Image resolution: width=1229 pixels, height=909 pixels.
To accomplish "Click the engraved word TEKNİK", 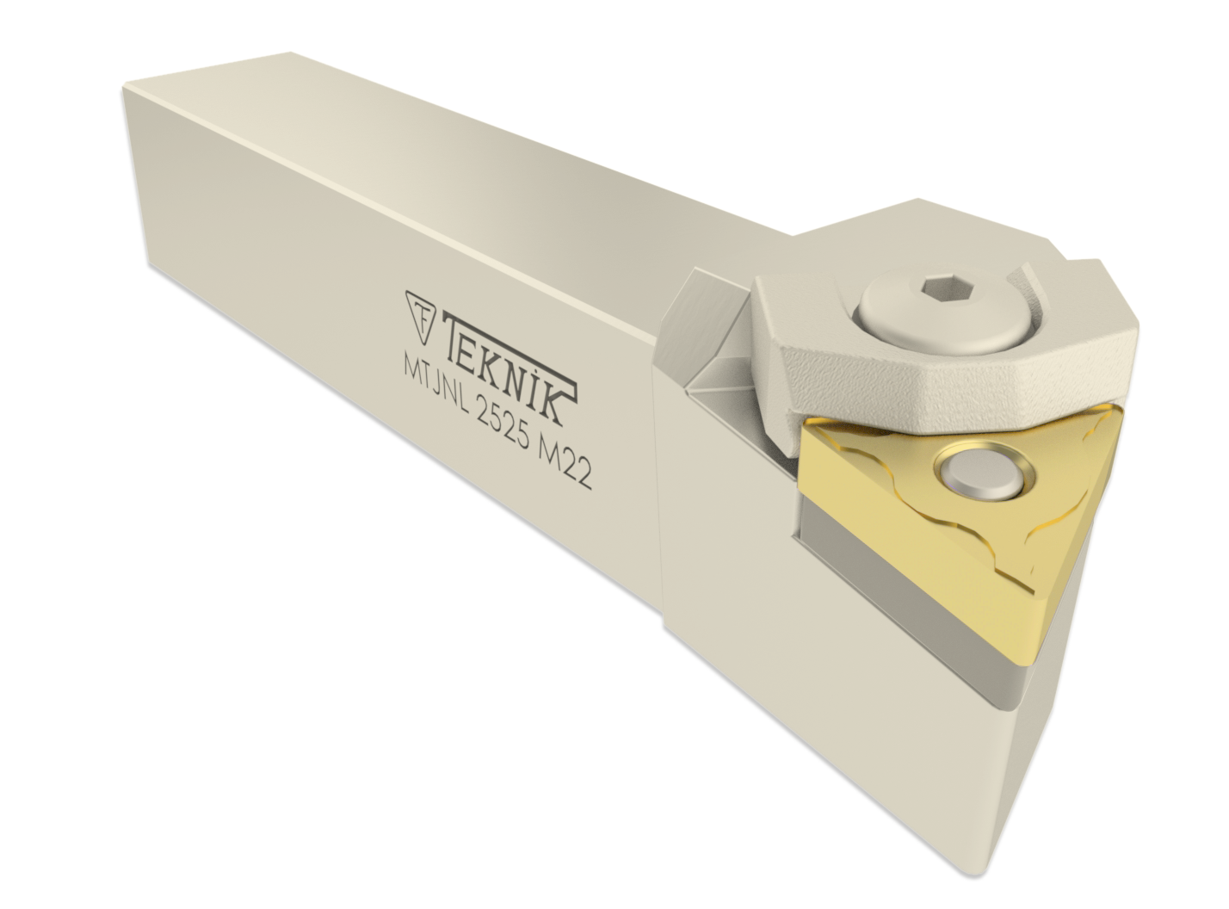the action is (x=506, y=367).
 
